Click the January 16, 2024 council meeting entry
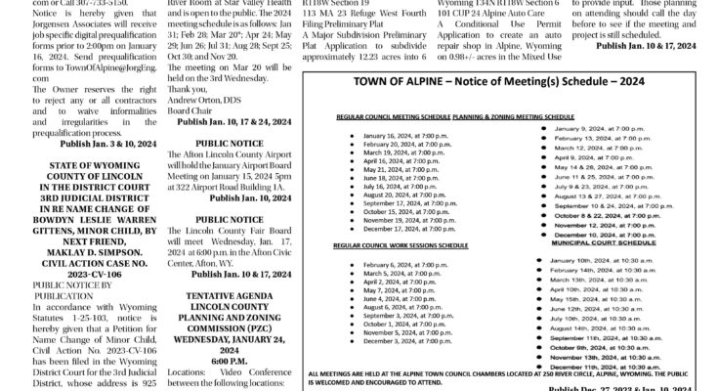(x=397, y=161)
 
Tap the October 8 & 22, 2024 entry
(x=599, y=216)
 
